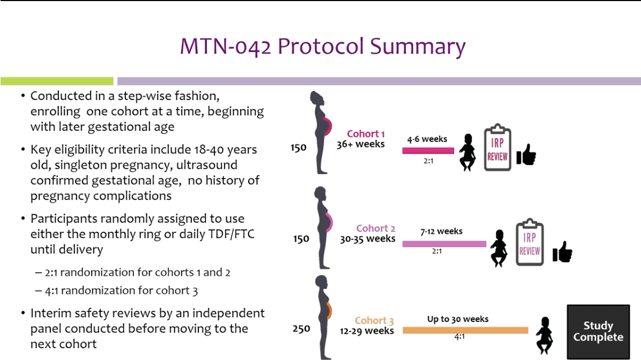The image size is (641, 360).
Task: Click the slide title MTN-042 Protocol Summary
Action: tap(323, 46)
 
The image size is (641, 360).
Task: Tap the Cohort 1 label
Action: tap(366, 133)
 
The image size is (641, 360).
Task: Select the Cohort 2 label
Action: tap(376, 228)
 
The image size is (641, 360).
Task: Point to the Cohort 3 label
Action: tap(374, 320)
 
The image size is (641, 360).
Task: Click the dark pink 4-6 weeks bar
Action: tap(428, 151)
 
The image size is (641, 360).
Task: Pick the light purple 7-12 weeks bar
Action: tap(444, 244)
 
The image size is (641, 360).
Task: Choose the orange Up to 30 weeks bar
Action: tap(465, 330)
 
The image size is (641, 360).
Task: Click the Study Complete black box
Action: tap(598, 332)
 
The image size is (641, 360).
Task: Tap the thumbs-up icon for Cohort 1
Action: tap(526, 154)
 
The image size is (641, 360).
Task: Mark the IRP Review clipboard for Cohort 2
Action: tap(530, 242)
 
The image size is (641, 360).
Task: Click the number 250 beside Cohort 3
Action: tap(301, 328)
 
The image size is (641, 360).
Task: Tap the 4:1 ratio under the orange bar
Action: tap(459, 337)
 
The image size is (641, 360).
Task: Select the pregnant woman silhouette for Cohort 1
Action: tap(321, 133)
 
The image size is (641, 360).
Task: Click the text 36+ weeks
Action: tap(361, 144)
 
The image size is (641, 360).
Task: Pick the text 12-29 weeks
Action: tap(367, 331)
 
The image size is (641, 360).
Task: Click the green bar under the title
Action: tap(57, 81)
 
